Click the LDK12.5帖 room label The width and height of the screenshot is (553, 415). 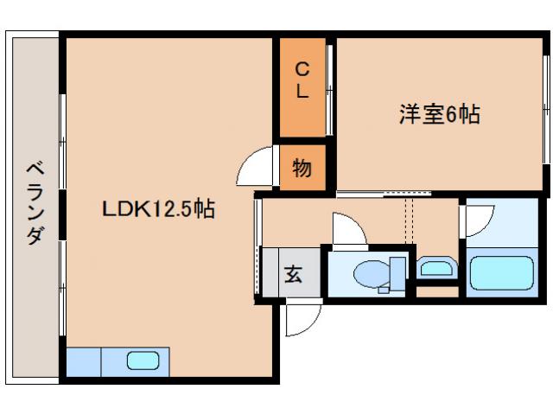click(x=158, y=209)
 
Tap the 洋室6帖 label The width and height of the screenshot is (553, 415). click(x=439, y=115)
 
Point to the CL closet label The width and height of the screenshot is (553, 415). click(x=302, y=80)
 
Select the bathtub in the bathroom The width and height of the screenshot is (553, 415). click(x=505, y=273)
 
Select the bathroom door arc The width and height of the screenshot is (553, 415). click(x=480, y=220)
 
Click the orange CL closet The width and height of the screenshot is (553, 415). click(x=302, y=86)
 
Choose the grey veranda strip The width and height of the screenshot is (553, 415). click(x=34, y=207)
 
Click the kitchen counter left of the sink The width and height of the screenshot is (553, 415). click(x=84, y=361)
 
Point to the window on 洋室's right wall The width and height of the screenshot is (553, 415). click(x=547, y=121)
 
